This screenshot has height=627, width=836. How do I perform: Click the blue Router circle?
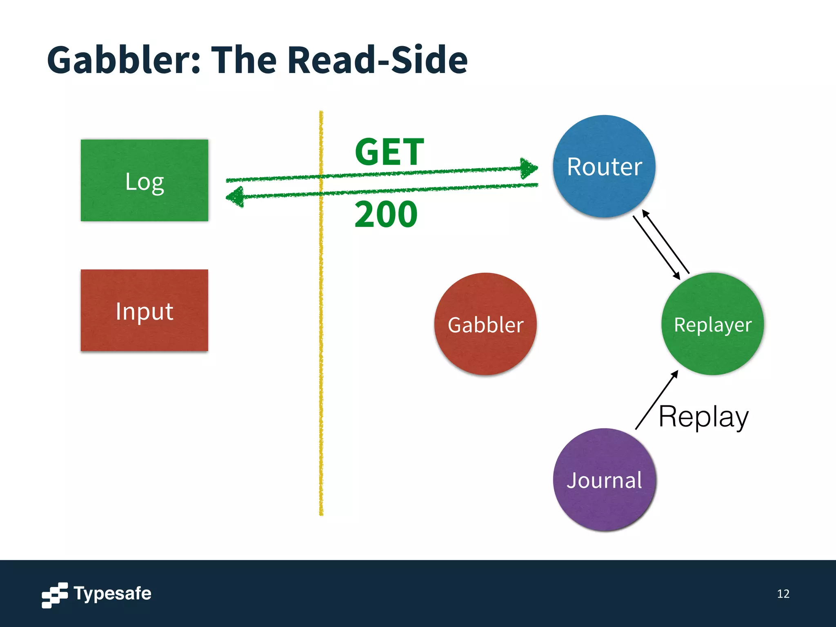(604, 166)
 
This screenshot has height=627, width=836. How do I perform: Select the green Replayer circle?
(712, 324)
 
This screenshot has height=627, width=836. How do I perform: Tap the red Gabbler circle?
(485, 324)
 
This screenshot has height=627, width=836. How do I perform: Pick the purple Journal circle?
(604, 480)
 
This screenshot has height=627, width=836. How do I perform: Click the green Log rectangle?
(145, 180)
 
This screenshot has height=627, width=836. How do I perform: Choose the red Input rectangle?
(145, 310)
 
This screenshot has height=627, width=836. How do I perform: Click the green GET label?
(389, 152)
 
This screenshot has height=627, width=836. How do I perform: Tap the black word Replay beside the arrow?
(703, 416)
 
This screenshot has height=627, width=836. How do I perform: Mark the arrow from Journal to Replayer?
(656, 400)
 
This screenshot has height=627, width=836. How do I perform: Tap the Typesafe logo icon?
(54, 595)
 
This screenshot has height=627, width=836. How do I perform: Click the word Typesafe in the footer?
(112, 593)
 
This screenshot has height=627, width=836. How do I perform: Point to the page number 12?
(783, 594)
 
